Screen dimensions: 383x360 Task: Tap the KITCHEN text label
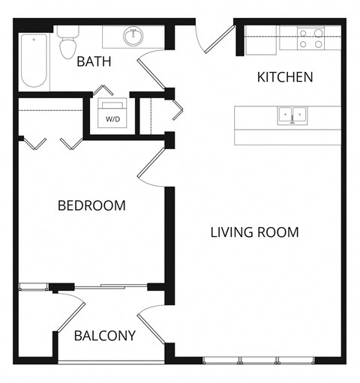pos(285,77)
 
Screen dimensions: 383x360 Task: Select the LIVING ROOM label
pos(254,232)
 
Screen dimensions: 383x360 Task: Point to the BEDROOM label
pos(92,205)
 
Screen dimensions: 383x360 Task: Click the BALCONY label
pos(105,336)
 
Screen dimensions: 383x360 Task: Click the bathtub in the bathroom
pos(34,61)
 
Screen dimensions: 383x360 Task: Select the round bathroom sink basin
pos(135,35)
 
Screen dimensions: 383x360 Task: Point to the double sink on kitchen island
pos(293,115)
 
